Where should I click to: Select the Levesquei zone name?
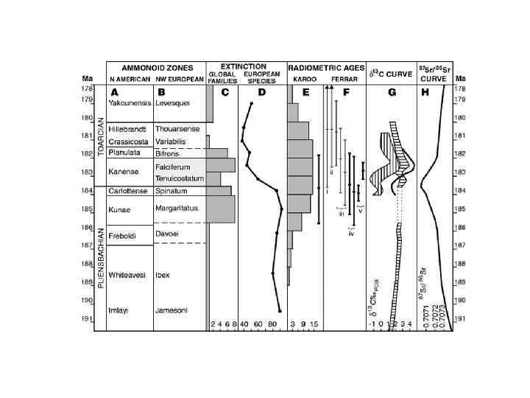click(173, 105)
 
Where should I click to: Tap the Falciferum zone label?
click(173, 168)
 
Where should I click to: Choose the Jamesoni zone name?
click(172, 310)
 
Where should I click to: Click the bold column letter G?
click(392, 92)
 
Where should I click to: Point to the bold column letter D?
click(261, 92)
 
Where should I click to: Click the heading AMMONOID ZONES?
click(155, 66)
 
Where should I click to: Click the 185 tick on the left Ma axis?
click(87, 209)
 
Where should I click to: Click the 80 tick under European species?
click(272, 325)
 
